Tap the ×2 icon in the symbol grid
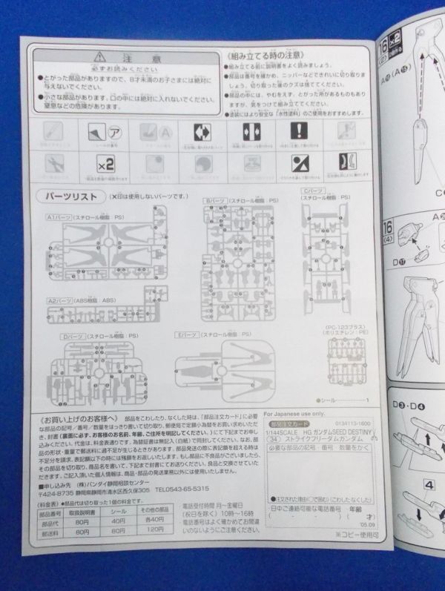[x=105, y=164]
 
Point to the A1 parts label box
[x=59, y=219]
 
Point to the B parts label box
[x=214, y=201]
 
